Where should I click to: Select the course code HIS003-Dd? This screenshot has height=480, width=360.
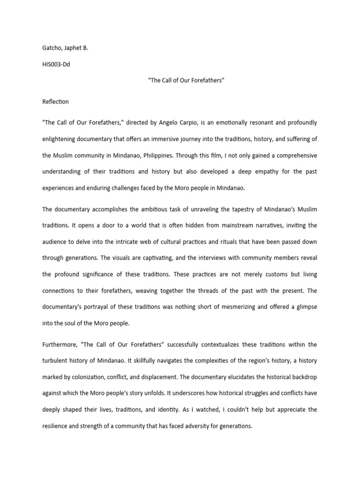(x=56, y=64)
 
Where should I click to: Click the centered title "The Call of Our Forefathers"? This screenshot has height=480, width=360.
(x=186, y=81)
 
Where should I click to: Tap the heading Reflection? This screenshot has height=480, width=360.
(x=55, y=102)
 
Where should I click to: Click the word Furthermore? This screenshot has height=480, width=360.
(x=59, y=345)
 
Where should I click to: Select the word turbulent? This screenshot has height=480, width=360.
(x=56, y=361)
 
